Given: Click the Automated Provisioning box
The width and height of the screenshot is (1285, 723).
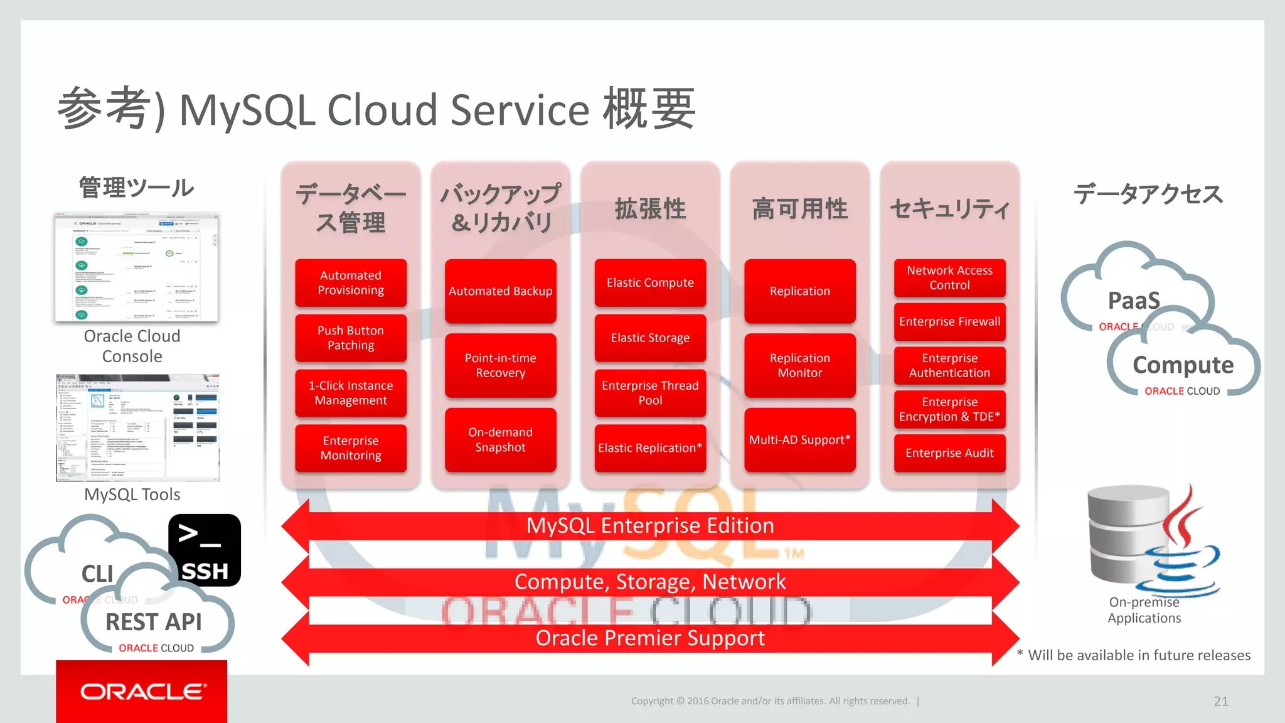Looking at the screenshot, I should (x=351, y=283).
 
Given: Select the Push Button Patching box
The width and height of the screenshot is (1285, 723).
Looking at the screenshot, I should (x=351, y=338).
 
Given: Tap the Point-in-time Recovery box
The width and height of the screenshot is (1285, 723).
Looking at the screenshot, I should (x=500, y=365).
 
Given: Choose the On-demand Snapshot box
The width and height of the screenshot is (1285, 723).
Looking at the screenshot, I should (x=500, y=440).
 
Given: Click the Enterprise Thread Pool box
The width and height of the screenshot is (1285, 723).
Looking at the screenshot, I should (x=650, y=394).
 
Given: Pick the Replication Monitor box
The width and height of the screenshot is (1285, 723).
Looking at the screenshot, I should (x=800, y=365).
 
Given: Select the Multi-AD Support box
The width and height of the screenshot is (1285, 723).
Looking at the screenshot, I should (x=800, y=440).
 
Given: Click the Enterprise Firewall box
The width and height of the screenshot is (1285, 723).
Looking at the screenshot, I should (x=949, y=321).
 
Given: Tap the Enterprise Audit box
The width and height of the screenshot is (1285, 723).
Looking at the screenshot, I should (x=949, y=453).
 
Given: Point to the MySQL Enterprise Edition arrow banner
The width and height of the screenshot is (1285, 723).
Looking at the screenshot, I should (x=650, y=526).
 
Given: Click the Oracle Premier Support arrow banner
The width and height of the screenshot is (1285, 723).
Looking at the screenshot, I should (x=650, y=638).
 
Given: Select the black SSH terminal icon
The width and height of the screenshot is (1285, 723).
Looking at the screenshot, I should (x=205, y=550).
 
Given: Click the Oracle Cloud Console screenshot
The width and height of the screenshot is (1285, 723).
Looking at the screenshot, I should (x=137, y=267).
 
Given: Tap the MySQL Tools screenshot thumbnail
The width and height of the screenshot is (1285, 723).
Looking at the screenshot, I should (x=137, y=428).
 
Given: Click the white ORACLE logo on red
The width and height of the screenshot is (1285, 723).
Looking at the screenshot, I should (x=142, y=692).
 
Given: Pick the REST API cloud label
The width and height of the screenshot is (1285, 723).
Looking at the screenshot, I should (x=154, y=622).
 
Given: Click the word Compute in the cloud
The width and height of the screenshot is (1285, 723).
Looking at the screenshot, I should (x=1183, y=365).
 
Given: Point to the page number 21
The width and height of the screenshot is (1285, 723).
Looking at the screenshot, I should (x=1220, y=702).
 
